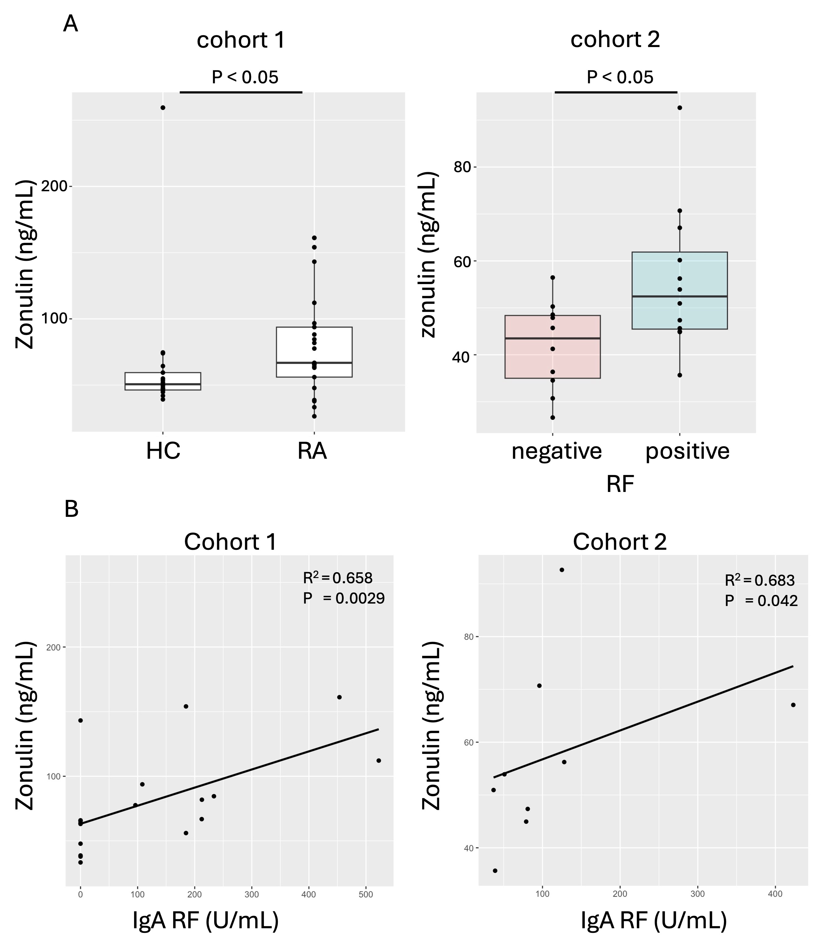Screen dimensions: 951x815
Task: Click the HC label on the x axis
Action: pos(163,451)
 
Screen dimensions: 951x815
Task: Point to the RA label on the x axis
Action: pos(312,451)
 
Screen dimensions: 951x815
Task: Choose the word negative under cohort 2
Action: pos(557,451)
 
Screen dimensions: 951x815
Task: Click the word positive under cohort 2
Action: pos(687,451)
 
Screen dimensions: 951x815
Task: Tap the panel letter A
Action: pos(70,24)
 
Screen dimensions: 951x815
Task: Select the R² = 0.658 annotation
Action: pos(338,578)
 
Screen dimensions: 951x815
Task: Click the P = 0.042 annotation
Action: pos(761,601)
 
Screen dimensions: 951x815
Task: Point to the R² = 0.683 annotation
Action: pos(760,581)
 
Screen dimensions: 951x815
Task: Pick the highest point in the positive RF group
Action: pos(680,108)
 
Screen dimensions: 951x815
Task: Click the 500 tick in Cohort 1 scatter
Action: pos(366,894)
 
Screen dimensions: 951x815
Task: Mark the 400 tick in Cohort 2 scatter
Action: pos(775,894)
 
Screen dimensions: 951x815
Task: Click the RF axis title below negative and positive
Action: pos(620,484)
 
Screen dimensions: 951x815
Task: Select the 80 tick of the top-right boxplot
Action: pos(463,167)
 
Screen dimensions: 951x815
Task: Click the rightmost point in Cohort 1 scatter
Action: pos(379,761)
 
